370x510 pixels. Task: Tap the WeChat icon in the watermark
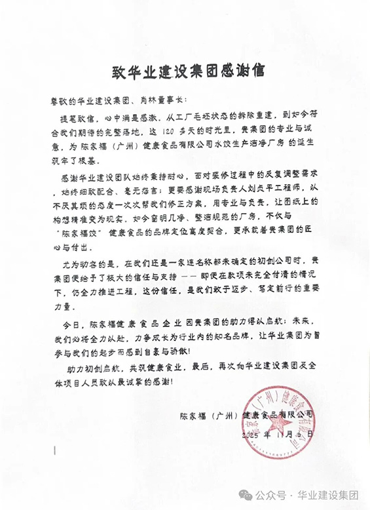(246, 495)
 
